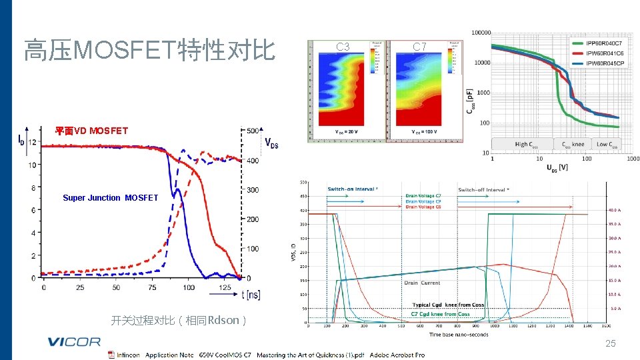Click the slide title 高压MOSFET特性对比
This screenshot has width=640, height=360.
pyautogui.click(x=149, y=50)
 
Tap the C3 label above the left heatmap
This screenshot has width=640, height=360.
pyautogui.click(x=343, y=47)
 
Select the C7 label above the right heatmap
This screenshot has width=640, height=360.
pyautogui.click(x=419, y=47)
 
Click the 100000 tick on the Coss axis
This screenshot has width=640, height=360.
pyautogui.click(x=481, y=32)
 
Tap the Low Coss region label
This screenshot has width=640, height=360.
pyautogui.click(x=607, y=144)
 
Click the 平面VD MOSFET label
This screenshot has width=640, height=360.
pyautogui.click(x=91, y=131)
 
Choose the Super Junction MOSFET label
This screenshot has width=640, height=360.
pyautogui.click(x=110, y=197)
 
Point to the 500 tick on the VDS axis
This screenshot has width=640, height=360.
pyautogui.click(x=253, y=131)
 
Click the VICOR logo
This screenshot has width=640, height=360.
pyautogui.click(x=74, y=342)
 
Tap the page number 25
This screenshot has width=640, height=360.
pyautogui.click(x=610, y=343)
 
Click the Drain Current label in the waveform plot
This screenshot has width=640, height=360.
pyautogui.click(x=421, y=283)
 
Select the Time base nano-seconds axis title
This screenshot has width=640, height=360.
pyautogui.click(x=459, y=334)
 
